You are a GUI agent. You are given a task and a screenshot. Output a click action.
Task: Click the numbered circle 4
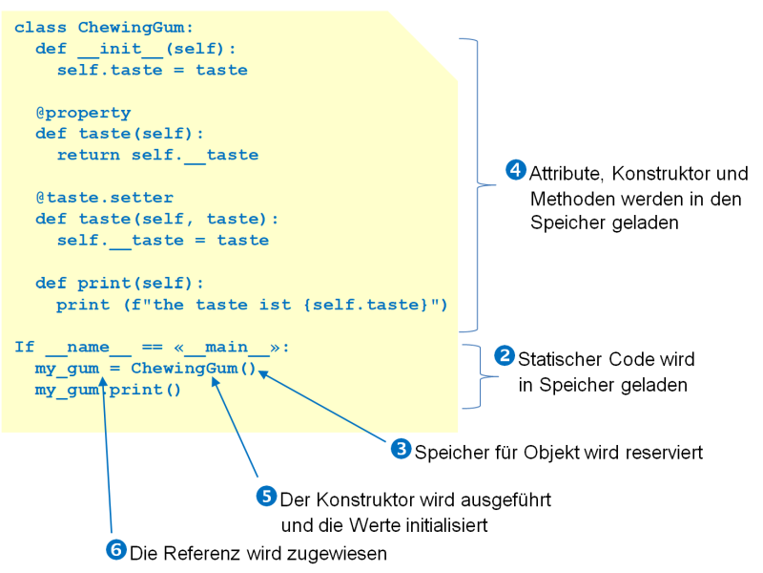[x=516, y=170]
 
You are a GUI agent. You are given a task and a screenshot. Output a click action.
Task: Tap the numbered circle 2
[x=505, y=355]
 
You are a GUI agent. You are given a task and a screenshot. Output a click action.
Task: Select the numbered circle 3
[x=402, y=449]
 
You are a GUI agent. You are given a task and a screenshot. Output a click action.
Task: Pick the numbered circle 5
[x=267, y=496]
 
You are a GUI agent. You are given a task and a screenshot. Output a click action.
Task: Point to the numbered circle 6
[x=116, y=550]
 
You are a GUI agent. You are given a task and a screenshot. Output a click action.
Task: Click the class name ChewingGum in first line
[x=131, y=28]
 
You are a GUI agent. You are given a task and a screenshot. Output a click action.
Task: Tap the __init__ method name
[x=120, y=50]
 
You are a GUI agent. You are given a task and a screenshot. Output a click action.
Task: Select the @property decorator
[x=83, y=113]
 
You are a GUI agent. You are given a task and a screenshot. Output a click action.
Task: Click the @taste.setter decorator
[x=105, y=198]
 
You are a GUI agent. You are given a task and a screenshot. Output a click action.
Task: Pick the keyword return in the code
[x=88, y=155]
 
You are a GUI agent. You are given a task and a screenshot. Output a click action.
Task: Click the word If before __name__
[x=25, y=347]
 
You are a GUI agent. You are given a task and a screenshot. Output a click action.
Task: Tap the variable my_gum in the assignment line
[x=67, y=369]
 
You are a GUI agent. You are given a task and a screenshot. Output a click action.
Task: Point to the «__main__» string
[x=227, y=347]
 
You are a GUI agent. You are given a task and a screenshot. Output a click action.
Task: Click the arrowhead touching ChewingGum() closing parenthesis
[x=263, y=374]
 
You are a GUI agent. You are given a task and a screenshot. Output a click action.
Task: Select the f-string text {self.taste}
[x=365, y=305]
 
